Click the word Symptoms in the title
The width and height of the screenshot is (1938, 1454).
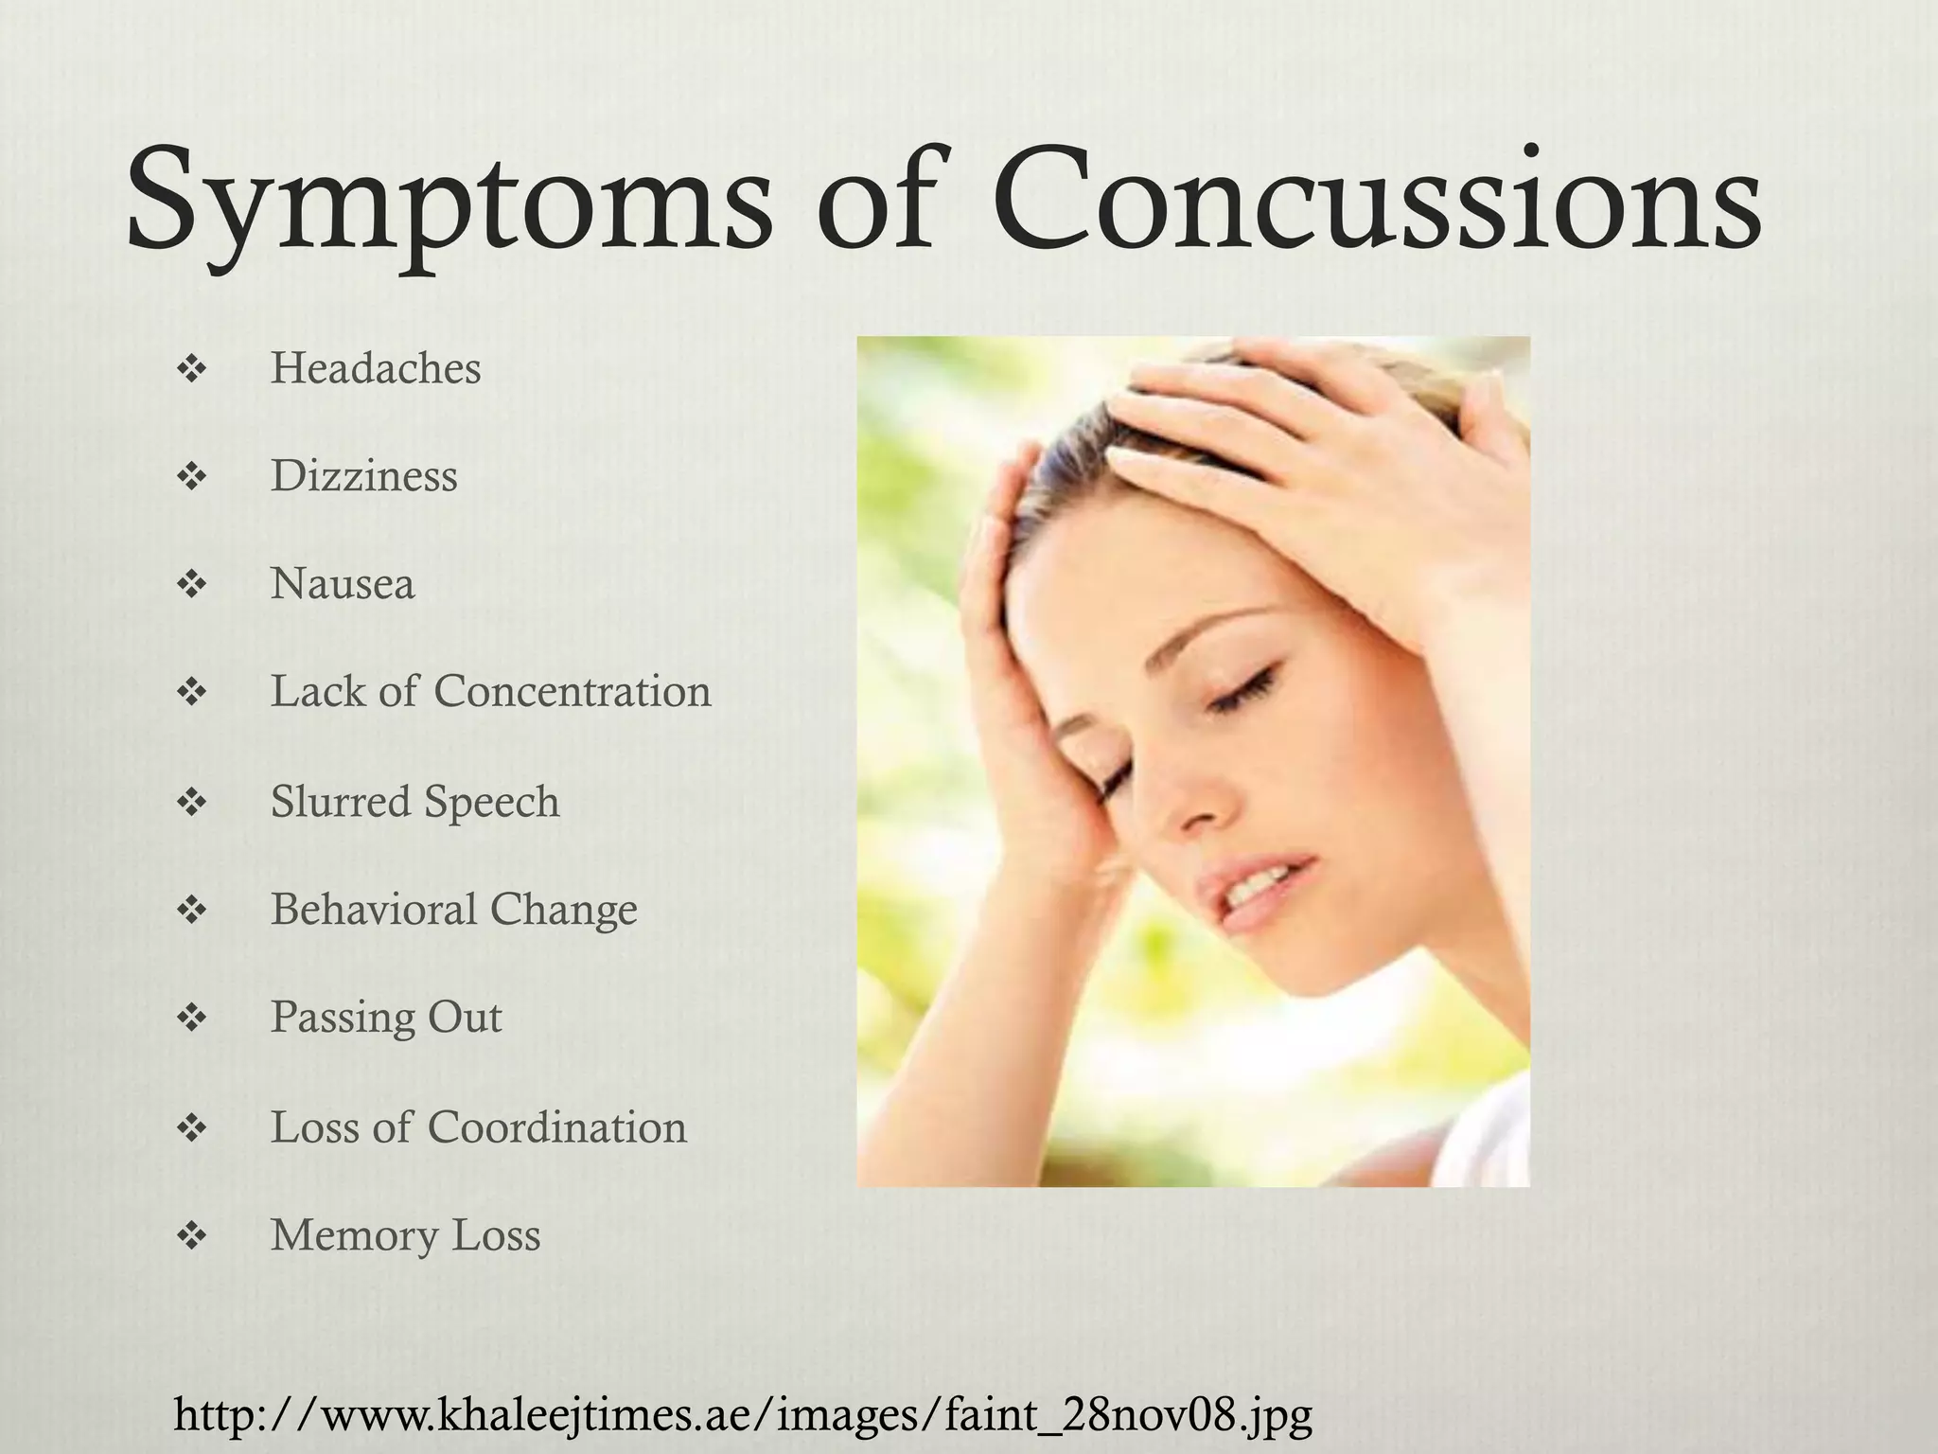click(x=449, y=204)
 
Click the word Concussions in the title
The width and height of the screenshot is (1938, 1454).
click(x=1377, y=204)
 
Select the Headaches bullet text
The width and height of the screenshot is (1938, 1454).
click(x=376, y=368)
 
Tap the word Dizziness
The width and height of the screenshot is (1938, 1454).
click(x=364, y=476)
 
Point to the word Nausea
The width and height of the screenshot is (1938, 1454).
click(x=343, y=584)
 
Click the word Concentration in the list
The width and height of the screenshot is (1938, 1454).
click(x=573, y=691)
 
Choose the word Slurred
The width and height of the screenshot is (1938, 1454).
click(x=341, y=801)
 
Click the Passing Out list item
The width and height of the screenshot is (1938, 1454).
click(x=386, y=1018)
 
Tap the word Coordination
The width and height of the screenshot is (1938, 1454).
click(x=556, y=1127)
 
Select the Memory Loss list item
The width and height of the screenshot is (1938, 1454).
click(x=405, y=1235)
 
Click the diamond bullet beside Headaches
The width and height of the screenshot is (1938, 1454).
click(x=192, y=370)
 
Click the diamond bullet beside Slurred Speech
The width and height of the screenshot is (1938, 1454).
click(x=192, y=803)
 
